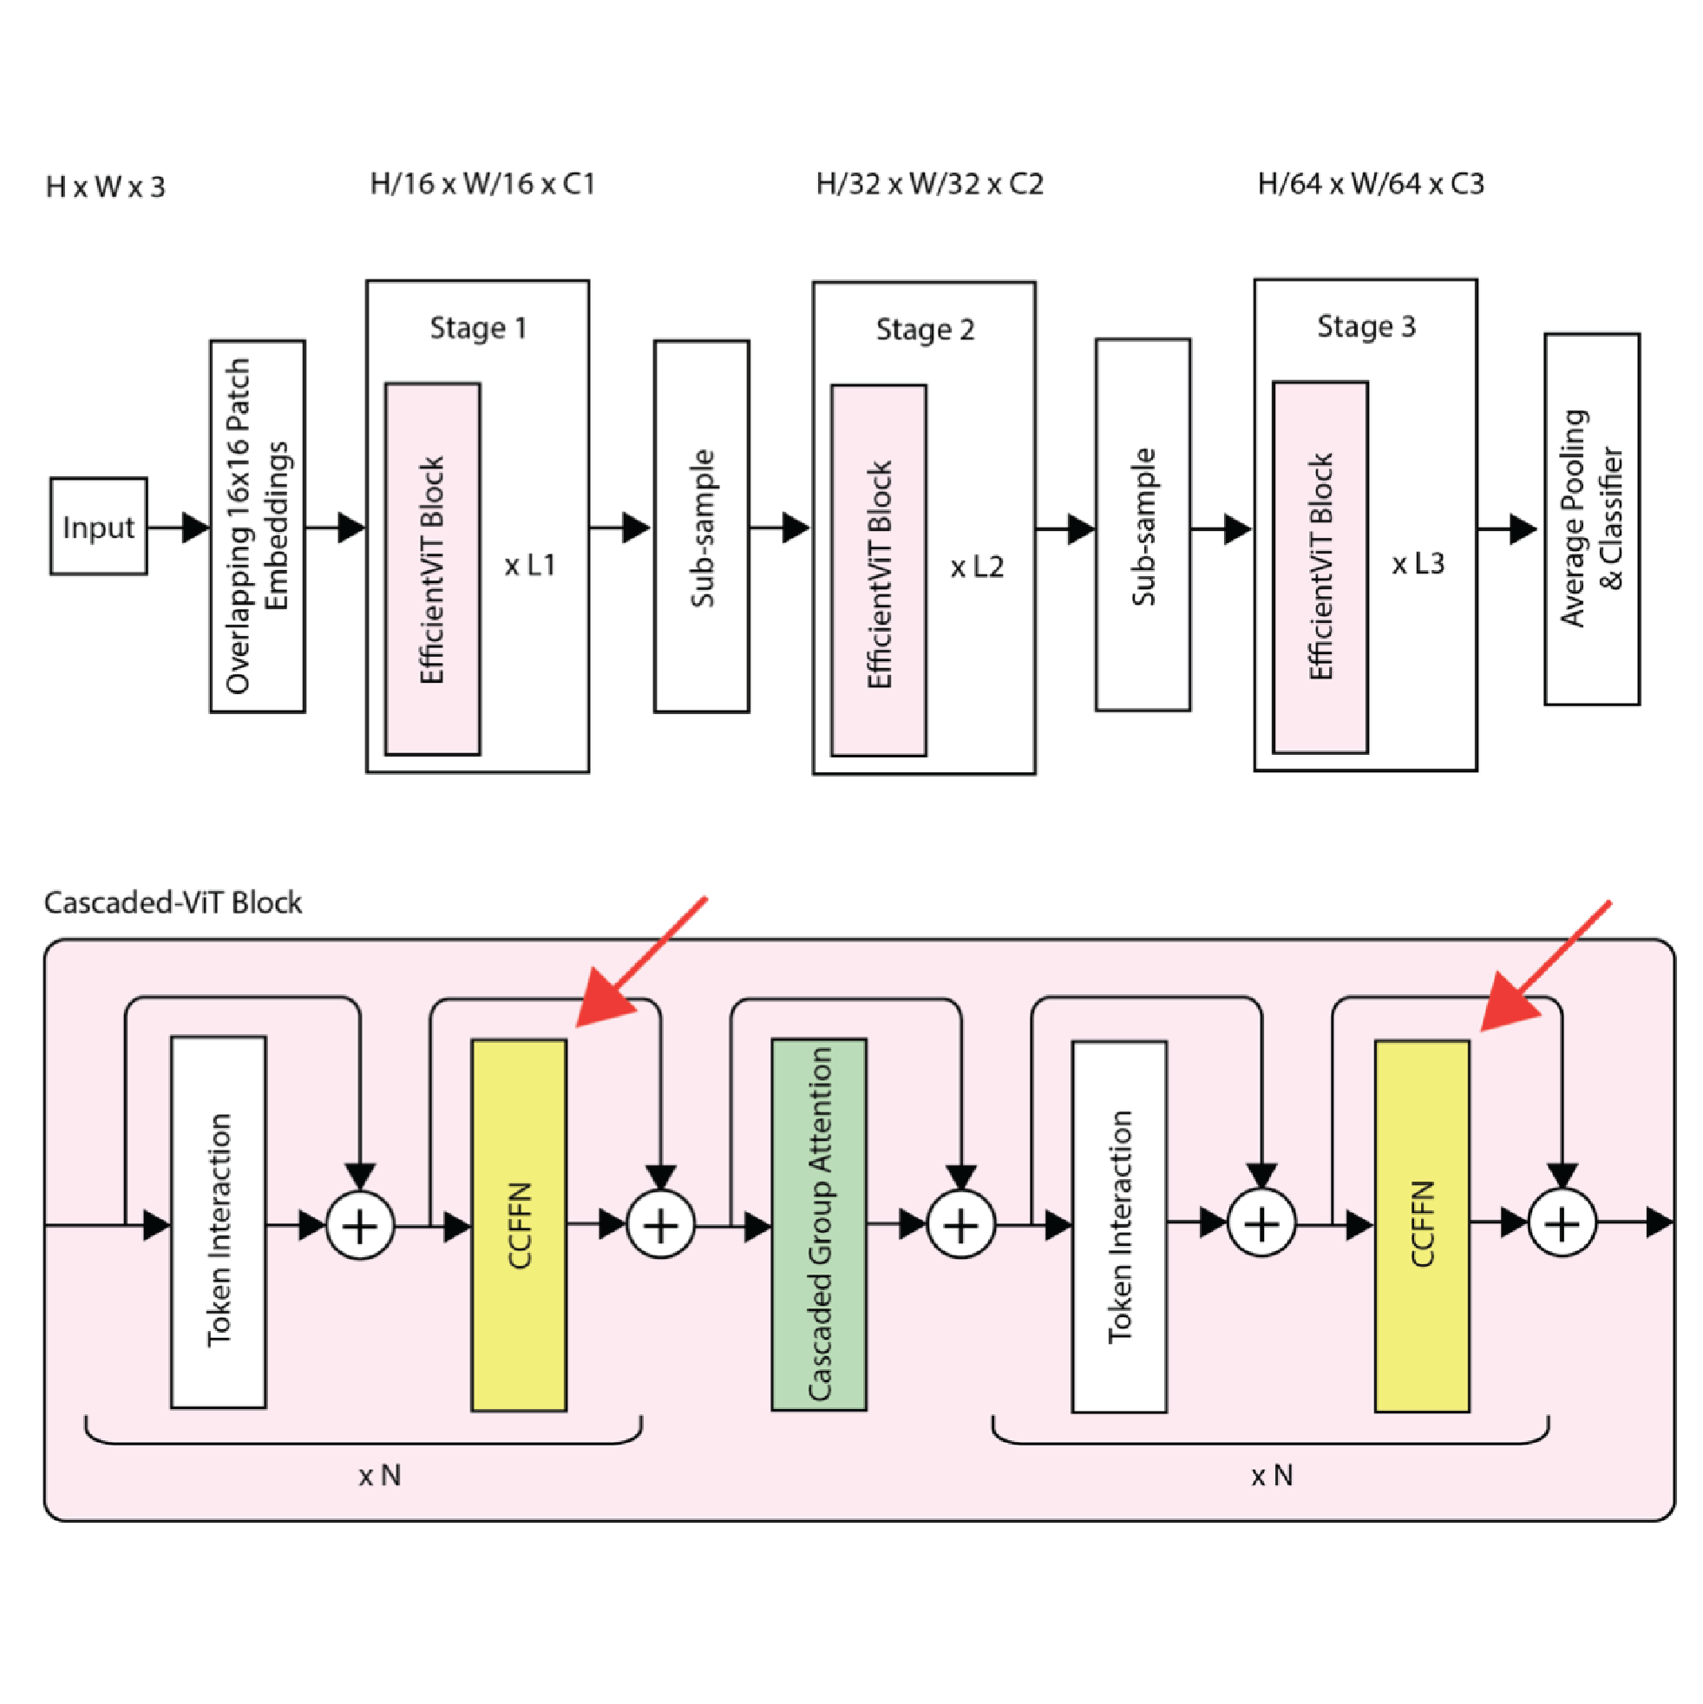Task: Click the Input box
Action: [x=98, y=527]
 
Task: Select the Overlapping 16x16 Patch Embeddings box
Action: [x=258, y=527]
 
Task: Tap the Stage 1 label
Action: [x=478, y=328]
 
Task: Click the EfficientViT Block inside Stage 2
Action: [x=879, y=571]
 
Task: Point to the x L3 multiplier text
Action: [x=1418, y=564]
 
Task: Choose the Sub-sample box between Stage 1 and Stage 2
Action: [x=701, y=527]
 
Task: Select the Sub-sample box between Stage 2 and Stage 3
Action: [x=1142, y=526]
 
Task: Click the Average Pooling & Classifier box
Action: [x=1591, y=519]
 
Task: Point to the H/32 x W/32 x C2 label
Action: [x=929, y=183]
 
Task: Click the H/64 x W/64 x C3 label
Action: [x=1371, y=183]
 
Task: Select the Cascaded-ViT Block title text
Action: [x=173, y=902]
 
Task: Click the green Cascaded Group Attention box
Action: [x=818, y=1224]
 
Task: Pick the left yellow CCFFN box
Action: [x=519, y=1225]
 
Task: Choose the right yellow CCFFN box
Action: [x=1422, y=1226]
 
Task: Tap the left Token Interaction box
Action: [x=218, y=1222]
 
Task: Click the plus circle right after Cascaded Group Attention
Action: [x=960, y=1225]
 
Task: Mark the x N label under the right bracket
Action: [x=1272, y=1476]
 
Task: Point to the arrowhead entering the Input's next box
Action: [x=196, y=528]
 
